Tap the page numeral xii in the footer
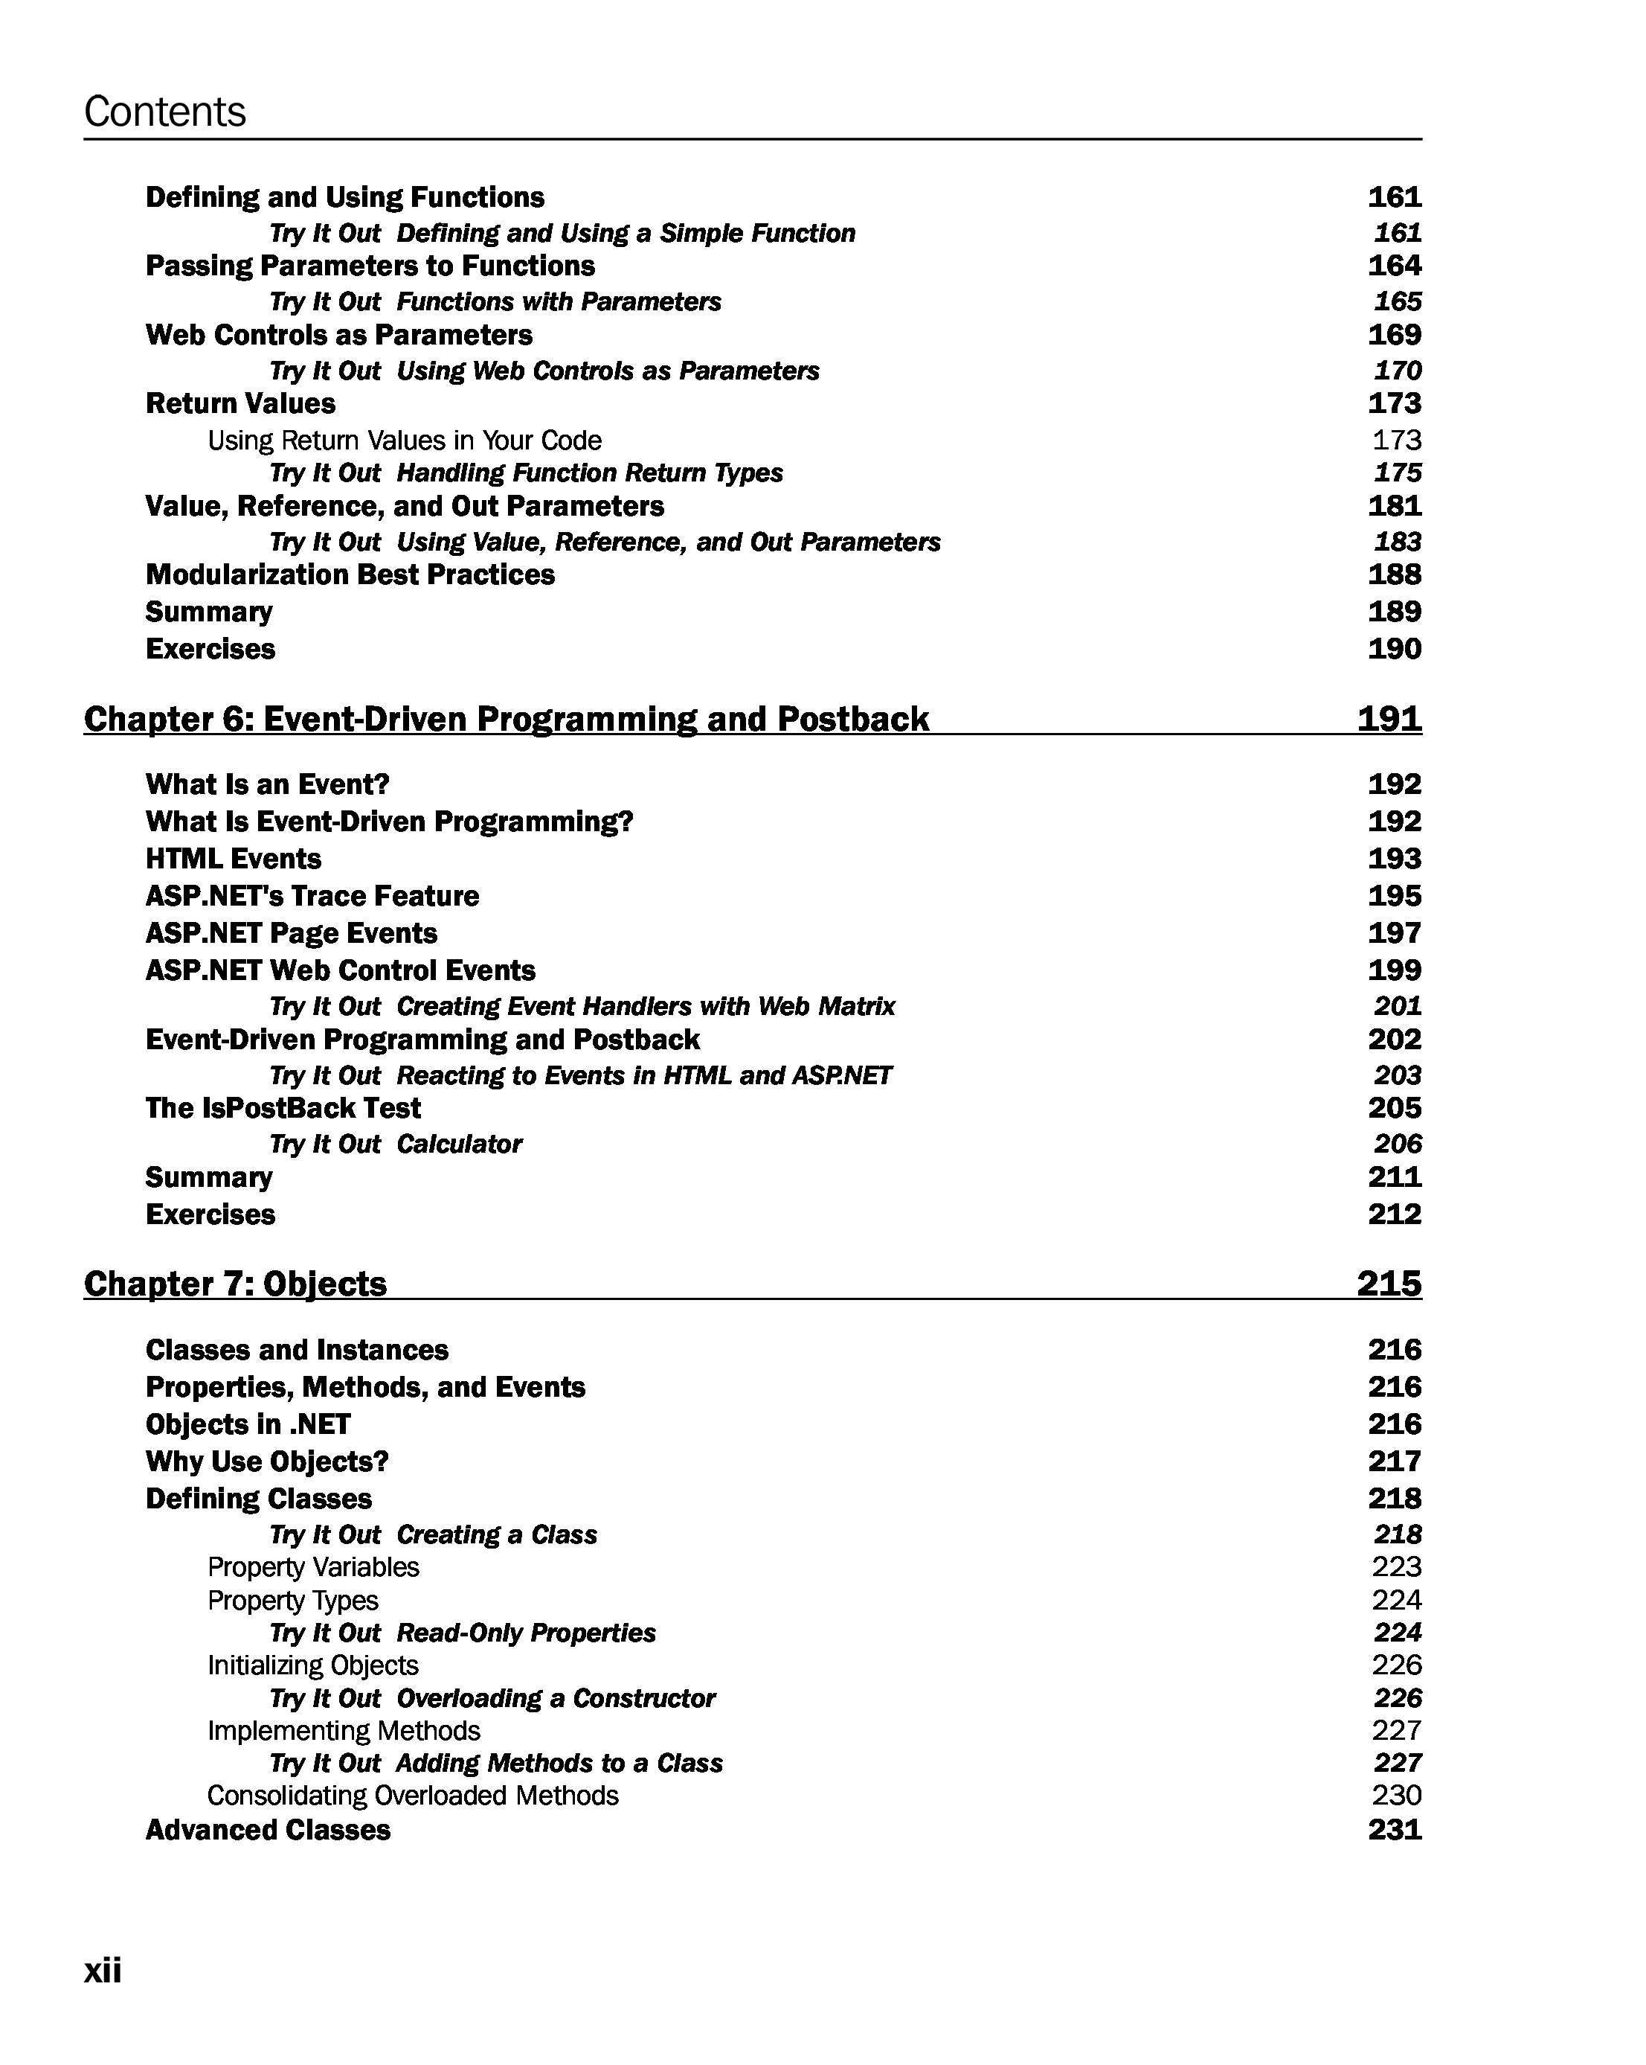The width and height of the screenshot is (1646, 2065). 103,1970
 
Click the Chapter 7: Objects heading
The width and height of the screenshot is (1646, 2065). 236,1284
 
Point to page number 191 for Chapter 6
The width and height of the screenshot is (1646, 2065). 1389,718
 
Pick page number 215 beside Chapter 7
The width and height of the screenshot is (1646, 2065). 1389,1284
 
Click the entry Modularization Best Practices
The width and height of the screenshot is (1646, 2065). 350,574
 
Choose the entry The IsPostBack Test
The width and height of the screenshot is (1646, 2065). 283,1108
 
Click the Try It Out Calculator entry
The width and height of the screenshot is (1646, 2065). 396,1144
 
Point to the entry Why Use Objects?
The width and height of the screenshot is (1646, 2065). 267,1461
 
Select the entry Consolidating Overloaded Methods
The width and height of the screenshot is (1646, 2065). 413,1795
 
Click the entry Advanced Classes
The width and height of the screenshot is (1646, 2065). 268,1831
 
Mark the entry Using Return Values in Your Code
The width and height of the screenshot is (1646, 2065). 404,441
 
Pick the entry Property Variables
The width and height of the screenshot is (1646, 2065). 313,1567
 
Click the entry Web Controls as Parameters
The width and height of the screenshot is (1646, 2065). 339,335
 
